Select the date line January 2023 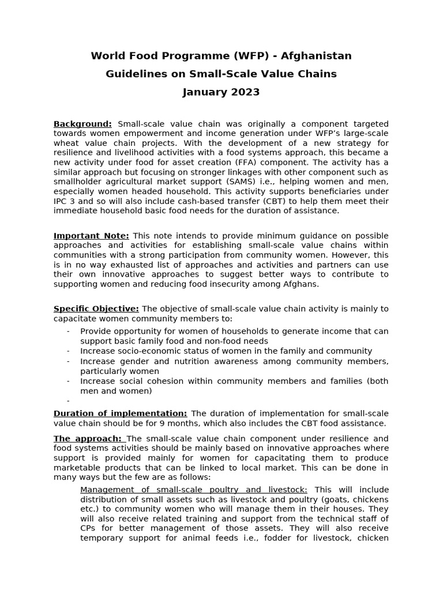(221, 92)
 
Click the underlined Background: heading (82, 124)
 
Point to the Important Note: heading (91, 236)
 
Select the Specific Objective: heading (96, 309)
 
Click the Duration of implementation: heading (120, 413)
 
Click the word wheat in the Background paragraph (66, 143)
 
